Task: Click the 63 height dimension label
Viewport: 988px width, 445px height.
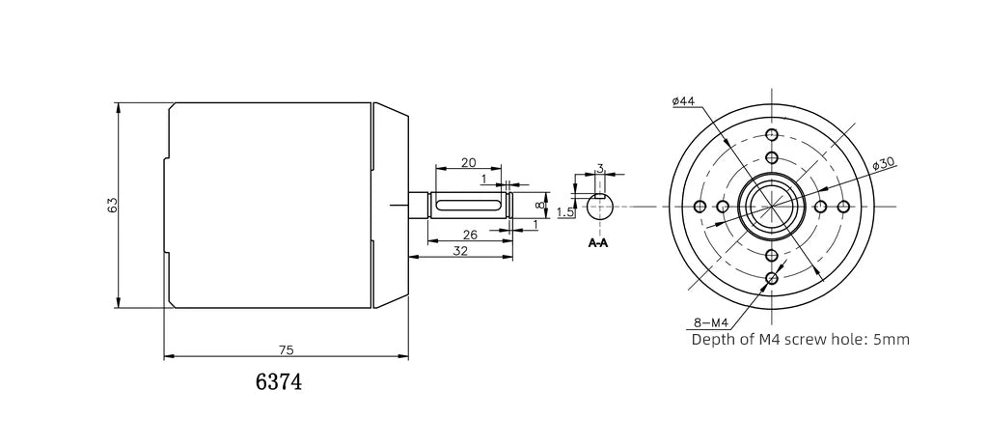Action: click(x=112, y=205)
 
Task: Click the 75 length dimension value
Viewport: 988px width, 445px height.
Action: click(x=286, y=349)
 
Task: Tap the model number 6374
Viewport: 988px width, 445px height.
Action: click(x=279, y=382)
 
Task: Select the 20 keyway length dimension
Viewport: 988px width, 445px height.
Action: click(x=468, y=161)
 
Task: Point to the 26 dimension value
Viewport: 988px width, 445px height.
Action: click(x=470, y=235)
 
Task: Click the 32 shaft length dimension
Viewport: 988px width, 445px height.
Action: click(x=460, y=251)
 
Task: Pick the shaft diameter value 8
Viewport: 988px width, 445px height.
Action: click(x=540, y=206)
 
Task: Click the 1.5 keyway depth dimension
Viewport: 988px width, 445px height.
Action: click(x=565, y=211)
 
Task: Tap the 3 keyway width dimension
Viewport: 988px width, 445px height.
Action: click(x=600, y=168)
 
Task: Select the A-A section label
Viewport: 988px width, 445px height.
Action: click(x=598, y=243)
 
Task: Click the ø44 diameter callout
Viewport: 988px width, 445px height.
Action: click(x=683, y=101)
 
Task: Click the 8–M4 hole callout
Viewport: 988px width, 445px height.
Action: click(x=710, y=322)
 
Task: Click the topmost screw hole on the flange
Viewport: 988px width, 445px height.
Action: click(x=771, y=134)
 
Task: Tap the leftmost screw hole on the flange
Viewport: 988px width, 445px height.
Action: click(x=699, y=206)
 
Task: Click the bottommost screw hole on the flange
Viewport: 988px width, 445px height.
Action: click(x=771, y=279)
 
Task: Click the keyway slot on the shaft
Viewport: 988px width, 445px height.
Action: click(x=469, y=206)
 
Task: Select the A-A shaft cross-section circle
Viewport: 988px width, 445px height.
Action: click(x=599, y=207)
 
